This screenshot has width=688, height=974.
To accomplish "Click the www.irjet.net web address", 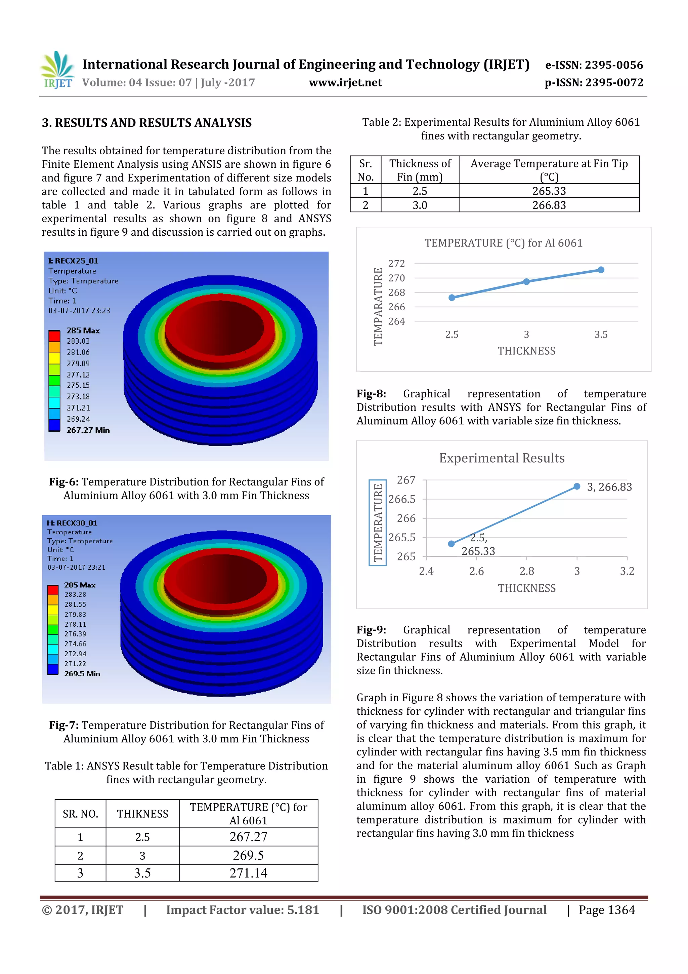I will coord(345,82).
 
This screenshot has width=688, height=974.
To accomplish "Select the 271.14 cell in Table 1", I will coord(248,873).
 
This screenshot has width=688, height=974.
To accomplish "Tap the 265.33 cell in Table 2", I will coord(549,191).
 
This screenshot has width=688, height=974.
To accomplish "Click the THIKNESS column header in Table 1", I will coord(142,814).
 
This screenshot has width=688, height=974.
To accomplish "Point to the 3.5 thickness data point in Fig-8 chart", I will coord(601,270).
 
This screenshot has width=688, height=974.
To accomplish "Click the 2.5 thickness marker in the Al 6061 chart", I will coord(452,298).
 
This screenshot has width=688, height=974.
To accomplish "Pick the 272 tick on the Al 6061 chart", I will coord(396,264).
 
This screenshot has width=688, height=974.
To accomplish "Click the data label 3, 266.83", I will coord(609,487).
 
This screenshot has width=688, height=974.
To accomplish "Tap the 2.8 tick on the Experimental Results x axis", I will coord(526,571).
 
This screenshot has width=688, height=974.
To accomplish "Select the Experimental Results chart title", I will coord(502,458).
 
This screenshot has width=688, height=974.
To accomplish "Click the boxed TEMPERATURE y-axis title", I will coord(377,522).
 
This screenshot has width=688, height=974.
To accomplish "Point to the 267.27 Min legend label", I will coord(88,430).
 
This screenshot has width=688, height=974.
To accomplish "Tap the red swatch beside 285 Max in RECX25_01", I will coord(54,336).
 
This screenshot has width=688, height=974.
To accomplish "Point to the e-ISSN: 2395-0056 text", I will coord(594,65).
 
